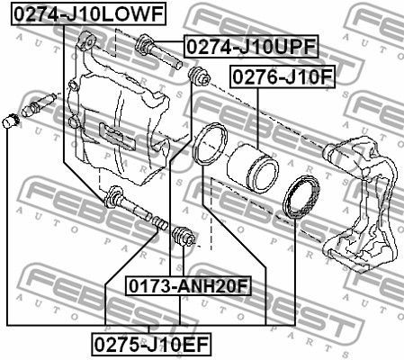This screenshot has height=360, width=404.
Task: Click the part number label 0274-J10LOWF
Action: point(88,13)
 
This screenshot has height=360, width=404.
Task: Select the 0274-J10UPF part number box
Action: point(251,46)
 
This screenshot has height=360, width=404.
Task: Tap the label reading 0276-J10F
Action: point(283,77)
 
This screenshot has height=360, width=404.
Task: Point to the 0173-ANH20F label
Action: point(188,286)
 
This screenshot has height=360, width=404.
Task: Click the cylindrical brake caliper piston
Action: point(253,169)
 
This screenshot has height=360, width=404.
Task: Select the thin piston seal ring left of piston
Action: point(210,144)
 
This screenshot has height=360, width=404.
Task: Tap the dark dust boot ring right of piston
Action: point(301,197)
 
